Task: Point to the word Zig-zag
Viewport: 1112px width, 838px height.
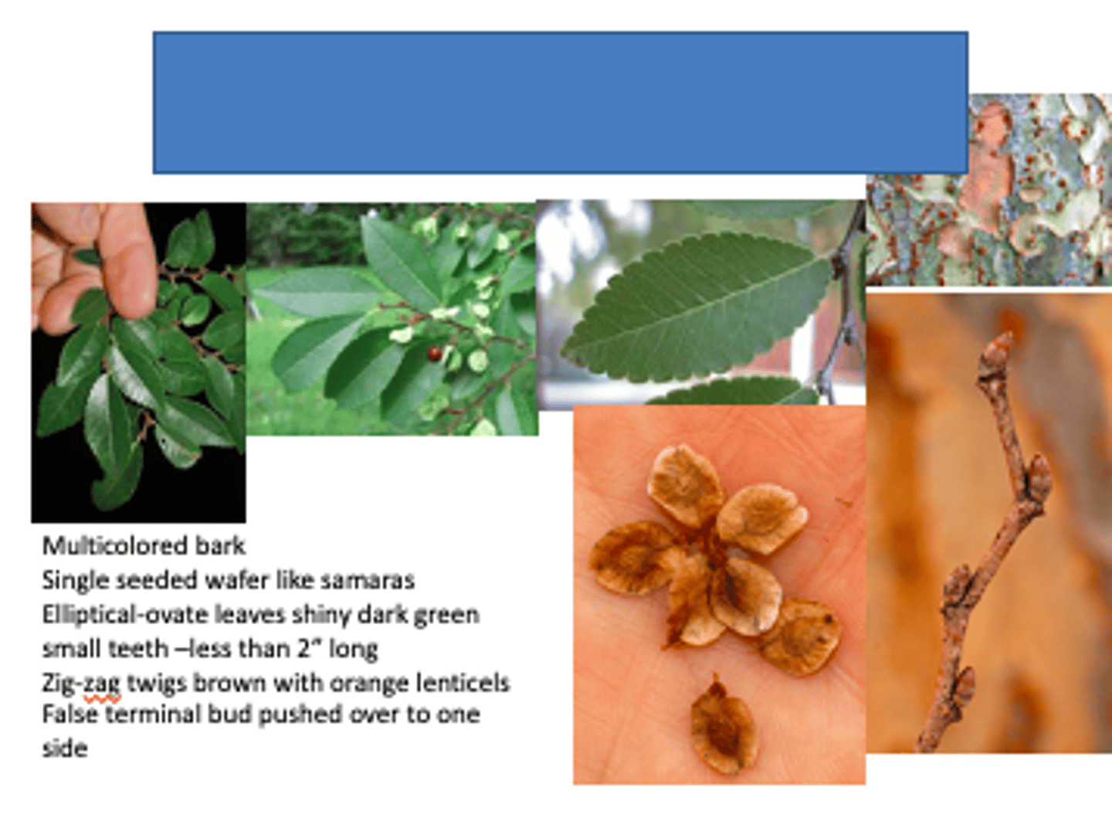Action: pos(81,684)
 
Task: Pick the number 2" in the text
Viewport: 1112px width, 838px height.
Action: pos(309,649)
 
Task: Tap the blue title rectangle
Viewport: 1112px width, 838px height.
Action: pos(560,102)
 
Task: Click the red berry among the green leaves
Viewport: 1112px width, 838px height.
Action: pos(435,354)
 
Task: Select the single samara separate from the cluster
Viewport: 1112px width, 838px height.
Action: pos(723,726)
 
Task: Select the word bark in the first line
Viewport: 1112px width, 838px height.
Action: pos(220,545)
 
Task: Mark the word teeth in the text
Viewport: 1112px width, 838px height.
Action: pos(138,649)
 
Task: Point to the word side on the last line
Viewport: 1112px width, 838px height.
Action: pos(65,748)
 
